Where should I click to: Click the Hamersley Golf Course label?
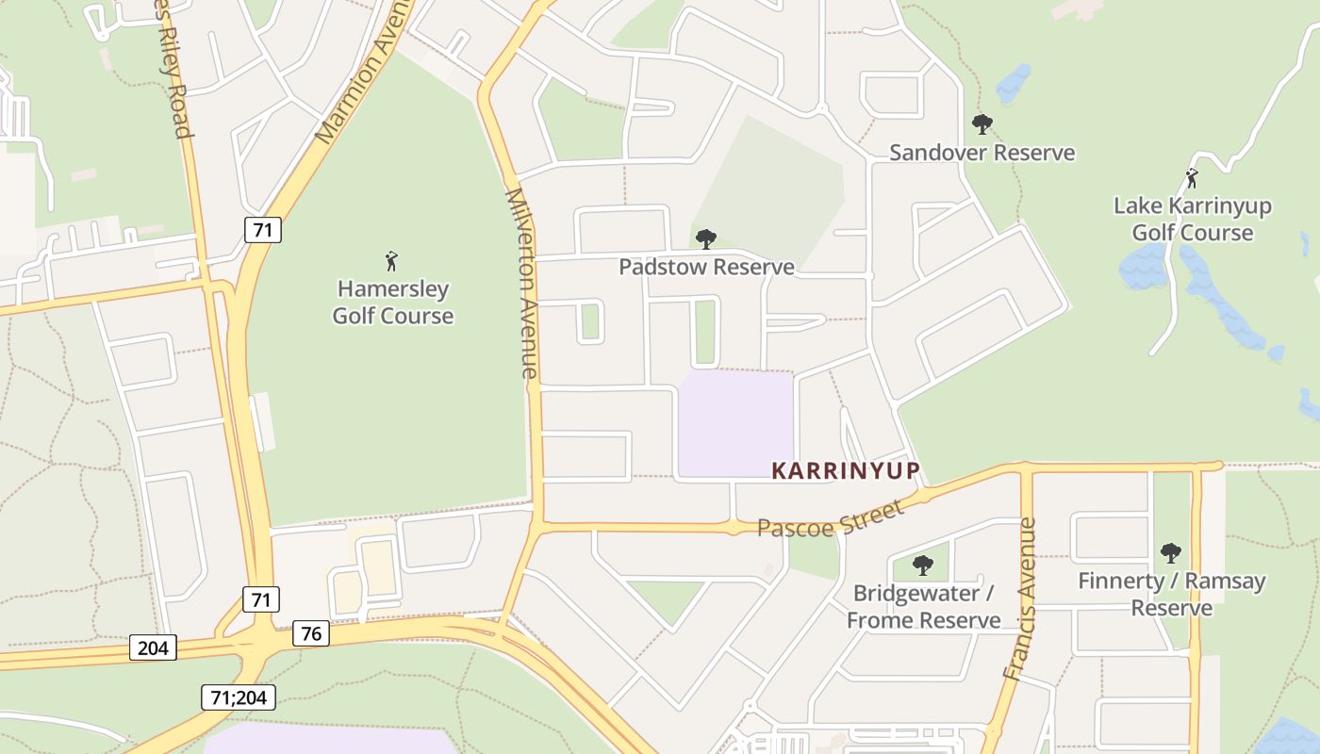pos(392,302)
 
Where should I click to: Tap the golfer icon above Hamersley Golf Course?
pos(392,260)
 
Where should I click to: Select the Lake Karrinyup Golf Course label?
pos(1192,219)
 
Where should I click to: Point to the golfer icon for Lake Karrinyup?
pos(1192,177)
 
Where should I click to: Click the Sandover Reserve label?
pos(982,153)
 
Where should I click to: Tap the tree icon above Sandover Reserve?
pos(982,123)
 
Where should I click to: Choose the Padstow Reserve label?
pos(706,267)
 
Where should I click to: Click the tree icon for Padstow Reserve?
pos(705,238)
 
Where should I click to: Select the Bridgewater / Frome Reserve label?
pos(923,606)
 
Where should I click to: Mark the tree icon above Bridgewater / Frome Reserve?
pos(923,565)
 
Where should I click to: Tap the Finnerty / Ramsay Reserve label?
pos(1171,594)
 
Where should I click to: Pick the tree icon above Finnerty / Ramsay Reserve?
pos(1171,552)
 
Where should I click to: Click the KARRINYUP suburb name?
pos(845,470)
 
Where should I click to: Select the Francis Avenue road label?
pos(1020,598)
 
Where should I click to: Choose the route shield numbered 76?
pos(311,633)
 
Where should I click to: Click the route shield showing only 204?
pos(153,647)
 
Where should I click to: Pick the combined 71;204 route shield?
pos(238,697)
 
